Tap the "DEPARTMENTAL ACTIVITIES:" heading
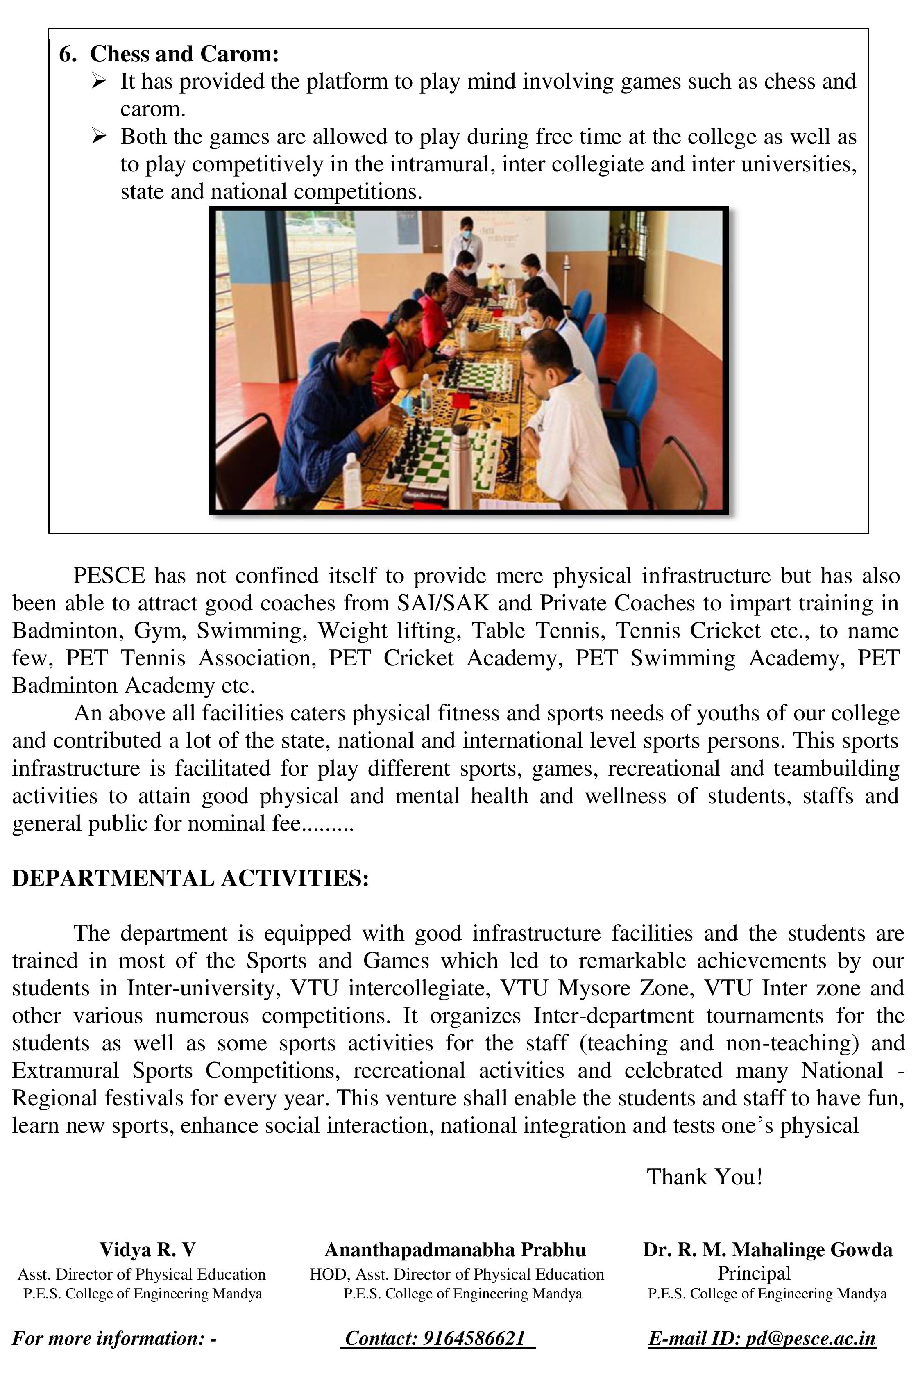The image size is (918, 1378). click(190, 878)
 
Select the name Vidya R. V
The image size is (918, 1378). click(147, 1250)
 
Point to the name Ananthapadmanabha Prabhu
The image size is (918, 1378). click(455, 1250)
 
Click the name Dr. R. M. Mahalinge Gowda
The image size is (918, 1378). click(767, 1250)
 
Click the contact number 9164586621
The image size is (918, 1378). click(473, 1338)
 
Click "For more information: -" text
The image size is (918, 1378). click(114, 1338)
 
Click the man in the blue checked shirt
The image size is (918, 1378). click(328, 410)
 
